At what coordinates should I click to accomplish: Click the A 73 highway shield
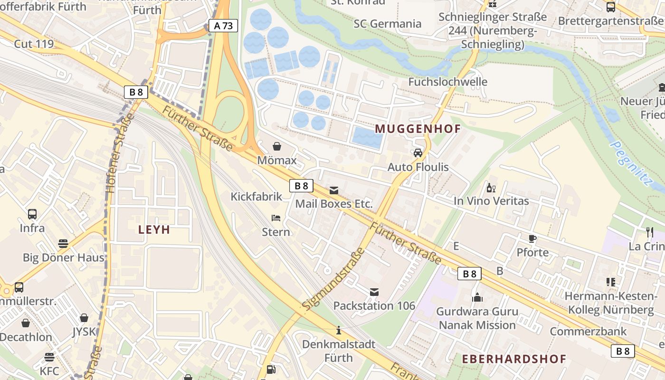coord(223,26)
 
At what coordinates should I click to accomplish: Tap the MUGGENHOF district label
coord(418,129)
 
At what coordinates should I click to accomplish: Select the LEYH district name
coord(154,230)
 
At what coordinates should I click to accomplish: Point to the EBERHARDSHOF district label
coord(514,359)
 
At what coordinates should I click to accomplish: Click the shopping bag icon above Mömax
coord(277,146)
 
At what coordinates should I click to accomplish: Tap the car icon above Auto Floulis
coord(418,153)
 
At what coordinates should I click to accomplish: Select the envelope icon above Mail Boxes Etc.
coord(334,190)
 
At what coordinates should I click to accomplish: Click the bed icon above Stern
coord(276,218)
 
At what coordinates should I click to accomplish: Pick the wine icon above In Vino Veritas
coord(491,188)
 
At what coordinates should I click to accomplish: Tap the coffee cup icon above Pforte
coord(532,238)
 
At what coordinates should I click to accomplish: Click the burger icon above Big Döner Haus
coord(63,244)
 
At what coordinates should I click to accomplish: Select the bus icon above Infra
coord(32,214)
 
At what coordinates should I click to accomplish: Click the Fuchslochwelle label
coord(448,82)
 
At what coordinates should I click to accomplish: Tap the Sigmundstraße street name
coord(333,279)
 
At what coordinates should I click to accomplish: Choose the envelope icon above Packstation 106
coord(374,292)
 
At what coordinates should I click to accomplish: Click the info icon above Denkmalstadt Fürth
coord(339,330)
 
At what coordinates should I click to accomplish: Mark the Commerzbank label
coord(588,331)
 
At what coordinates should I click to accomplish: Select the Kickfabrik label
coord(256,197)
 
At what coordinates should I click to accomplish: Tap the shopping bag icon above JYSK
coord(84,318)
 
